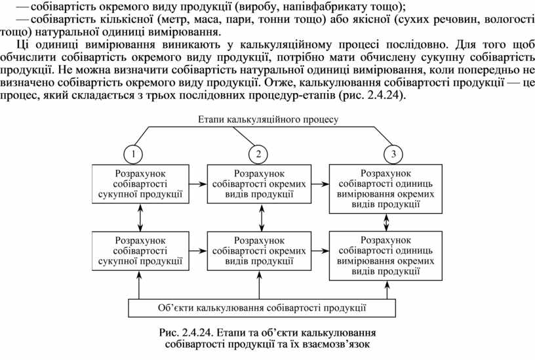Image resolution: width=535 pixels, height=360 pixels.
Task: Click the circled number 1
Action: click(x=133, y=154)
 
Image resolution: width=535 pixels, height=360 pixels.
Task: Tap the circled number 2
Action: click(x=258, y=154)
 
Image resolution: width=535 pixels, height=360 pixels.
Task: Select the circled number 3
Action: click(x=393, y=154)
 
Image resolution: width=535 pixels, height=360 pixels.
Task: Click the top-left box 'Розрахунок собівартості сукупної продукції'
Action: click(x=139, y=183)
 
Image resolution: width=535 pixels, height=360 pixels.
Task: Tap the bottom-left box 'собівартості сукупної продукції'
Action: click(x=139, y=250)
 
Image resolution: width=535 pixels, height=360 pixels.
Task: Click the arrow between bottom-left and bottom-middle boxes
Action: click(x=195, y=250)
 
